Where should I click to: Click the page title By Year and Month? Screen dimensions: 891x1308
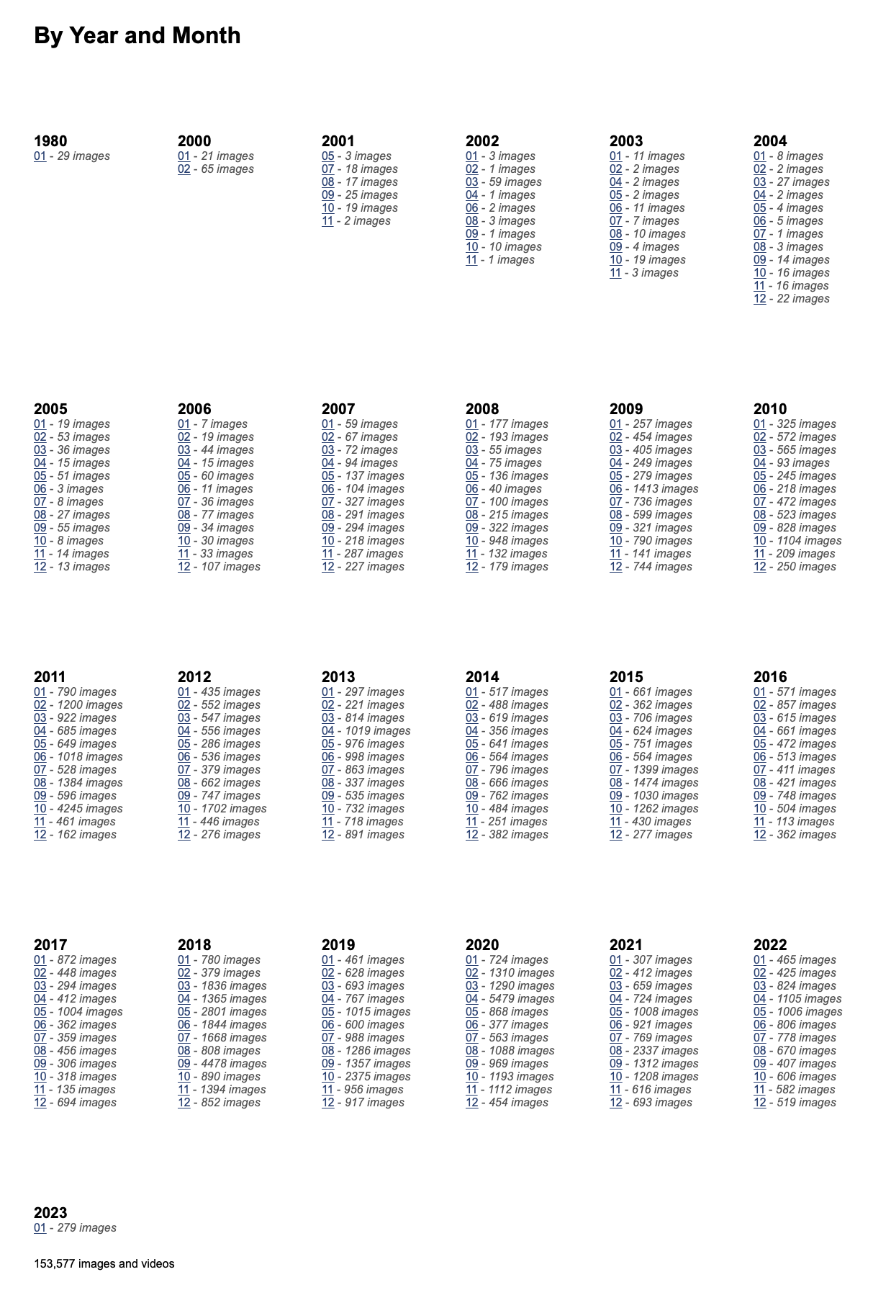click(137, 35)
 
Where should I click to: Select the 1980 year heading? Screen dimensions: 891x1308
click(50, 141)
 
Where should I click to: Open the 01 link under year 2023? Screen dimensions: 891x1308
click(40, 1228)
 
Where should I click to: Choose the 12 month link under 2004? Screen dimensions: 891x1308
click(759, 299)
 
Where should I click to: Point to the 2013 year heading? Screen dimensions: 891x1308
click(338, 677)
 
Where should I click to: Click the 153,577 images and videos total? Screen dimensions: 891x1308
click(104, 1264)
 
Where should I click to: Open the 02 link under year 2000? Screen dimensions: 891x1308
click(184, 169)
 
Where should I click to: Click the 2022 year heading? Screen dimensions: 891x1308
click(770, 945)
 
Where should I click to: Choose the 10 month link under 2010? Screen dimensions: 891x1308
click(759, 541)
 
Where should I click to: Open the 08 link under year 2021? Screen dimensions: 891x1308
click(615, 1051)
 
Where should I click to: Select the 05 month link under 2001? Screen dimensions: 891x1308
click(327, 156)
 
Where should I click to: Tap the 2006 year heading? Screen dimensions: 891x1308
click(194, 409)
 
